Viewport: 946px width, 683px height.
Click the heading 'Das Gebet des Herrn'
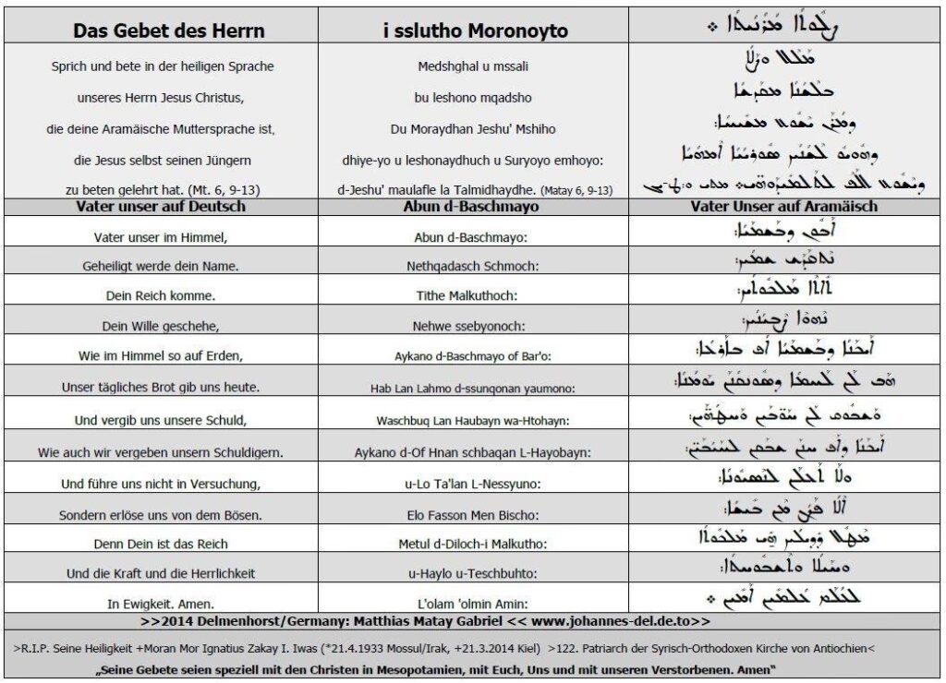[x=168, y=30]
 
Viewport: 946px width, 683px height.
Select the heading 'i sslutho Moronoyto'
[x=475, y=30]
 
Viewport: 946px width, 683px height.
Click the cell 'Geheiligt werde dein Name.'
[x=161, y=266]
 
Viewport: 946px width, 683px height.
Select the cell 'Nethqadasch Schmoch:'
[x=475, y=266]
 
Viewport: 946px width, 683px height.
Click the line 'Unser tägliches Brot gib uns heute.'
[x=162, y=386]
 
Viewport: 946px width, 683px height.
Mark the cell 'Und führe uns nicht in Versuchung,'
[x=162, y=482]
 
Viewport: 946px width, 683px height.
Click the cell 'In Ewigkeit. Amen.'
[x=162, y=602]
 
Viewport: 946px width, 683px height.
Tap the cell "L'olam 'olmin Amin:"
[x=475, y=602]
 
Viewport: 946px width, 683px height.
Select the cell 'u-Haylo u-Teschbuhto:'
[x=475, y=573]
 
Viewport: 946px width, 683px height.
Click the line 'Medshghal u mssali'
[x=475, y=66]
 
